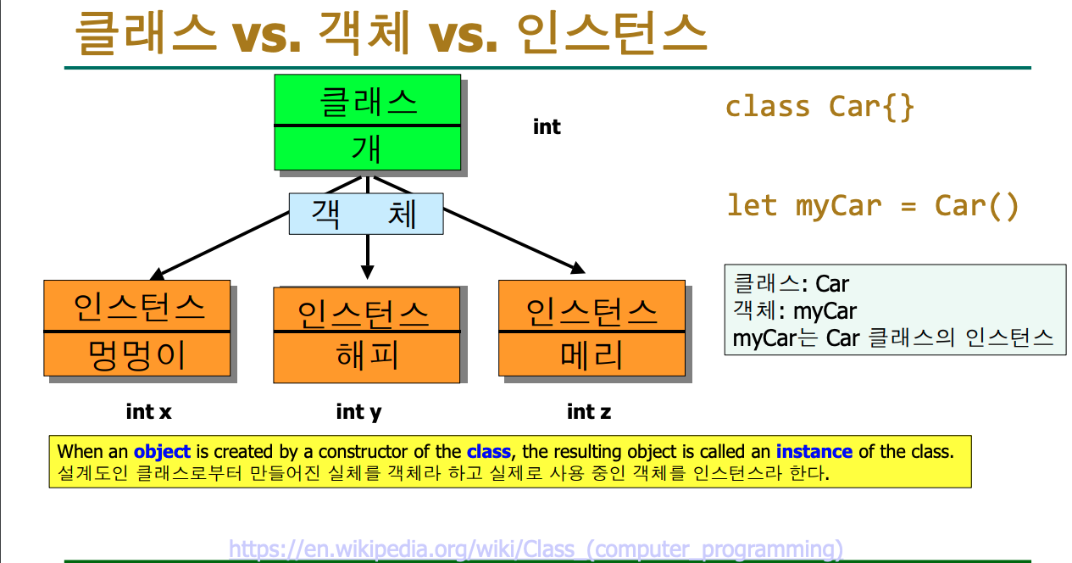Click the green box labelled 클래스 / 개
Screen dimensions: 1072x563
coord(368,122)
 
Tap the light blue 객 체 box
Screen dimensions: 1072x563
coord(366,214)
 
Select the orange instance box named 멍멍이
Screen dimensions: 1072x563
coord(137,328)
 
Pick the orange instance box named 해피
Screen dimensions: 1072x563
coord(367,335)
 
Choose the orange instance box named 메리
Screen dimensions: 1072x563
coord(592,328)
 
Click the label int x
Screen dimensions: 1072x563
coord(149,412)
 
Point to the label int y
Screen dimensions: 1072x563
coord(359,412)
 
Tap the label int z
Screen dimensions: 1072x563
coord(589,412)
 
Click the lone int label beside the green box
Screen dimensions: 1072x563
coord(547,127)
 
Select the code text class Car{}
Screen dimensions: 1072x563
coord(819,106)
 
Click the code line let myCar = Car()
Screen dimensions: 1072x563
coord(873,206)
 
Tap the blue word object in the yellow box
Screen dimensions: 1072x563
coord(162,452)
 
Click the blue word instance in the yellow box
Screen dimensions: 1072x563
coord(814,451)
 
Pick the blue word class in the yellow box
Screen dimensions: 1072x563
coord(489,451)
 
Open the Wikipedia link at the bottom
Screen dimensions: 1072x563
coord(536,549)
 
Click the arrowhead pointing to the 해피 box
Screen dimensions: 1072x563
coord(368,272)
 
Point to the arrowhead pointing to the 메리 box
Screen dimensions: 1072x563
coord(578,268)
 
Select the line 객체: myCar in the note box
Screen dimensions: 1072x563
coord(795,310)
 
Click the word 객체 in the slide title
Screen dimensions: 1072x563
coord(364,32)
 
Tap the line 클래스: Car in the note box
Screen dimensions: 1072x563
coord(792,283)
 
